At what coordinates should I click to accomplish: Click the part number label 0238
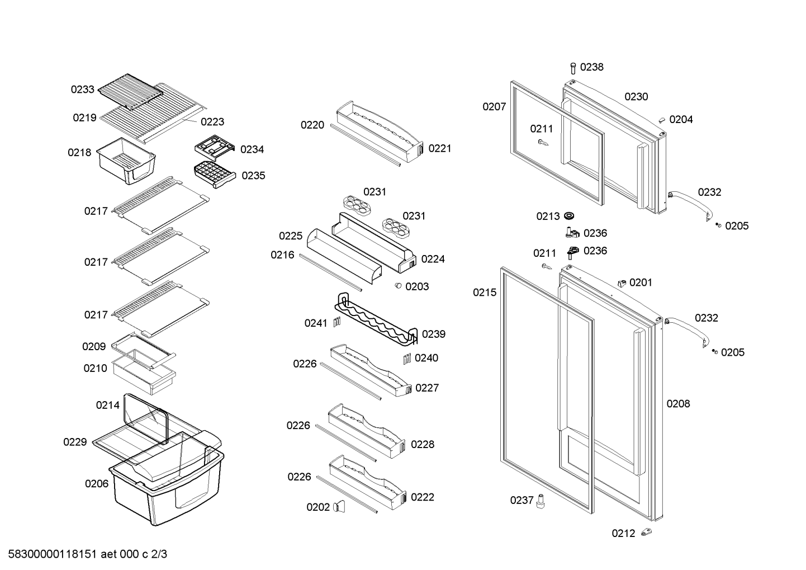[x=592, y=67]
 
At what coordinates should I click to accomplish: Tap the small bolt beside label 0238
[x=573, y=68]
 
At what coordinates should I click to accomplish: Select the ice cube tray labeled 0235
[x=215, y=175]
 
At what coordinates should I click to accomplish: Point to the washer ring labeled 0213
[x=569, y=216]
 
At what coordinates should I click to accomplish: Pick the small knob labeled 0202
[x=339, y=506]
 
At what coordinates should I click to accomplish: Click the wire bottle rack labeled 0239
[x=376, y=319]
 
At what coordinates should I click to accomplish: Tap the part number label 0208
[x=678, y=404]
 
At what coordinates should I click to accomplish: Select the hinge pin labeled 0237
[x=541, y=501]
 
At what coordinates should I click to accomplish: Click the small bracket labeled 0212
[x=647, y=532]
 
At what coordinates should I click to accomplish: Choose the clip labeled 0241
[x=337, y=322]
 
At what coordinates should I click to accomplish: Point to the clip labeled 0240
[x=407, y=359]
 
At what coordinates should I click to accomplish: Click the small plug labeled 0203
[x=397, y=285]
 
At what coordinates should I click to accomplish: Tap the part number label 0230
[x=636, y=97]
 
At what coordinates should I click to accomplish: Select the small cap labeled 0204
[x=662, y=120]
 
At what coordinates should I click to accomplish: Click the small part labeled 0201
[x=622, y=283]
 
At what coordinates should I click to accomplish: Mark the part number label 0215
[x=485, y=293]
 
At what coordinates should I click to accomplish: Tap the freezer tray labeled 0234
[x=215, y=147]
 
